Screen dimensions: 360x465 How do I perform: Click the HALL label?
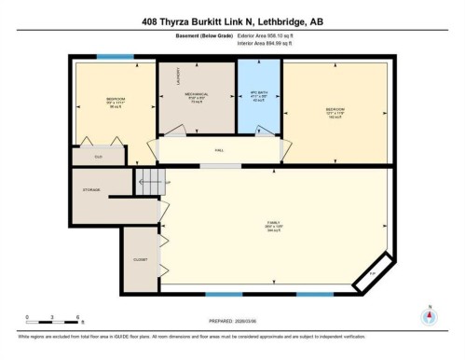220,149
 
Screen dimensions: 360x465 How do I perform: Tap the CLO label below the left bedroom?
100,156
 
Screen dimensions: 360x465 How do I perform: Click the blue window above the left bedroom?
115,58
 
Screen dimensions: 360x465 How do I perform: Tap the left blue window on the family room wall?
217,295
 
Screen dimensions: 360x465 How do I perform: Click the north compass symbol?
429,315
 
